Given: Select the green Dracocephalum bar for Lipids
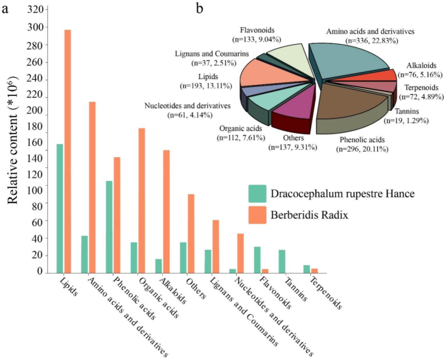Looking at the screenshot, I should pyautogui.click(x=60, y=208).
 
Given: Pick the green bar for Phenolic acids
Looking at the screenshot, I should pyautogui.click(x=109, y=226).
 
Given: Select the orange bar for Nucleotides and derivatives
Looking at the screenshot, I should pyautogui.click(x=240, y=253).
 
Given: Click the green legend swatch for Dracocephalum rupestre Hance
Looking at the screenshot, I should pyautogui.click(x=257, y=193).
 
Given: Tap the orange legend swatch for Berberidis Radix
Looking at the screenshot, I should pyautogui.click(x=257, y=215).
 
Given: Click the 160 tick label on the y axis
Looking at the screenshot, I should pyautogui.click(x=38, y=142).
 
